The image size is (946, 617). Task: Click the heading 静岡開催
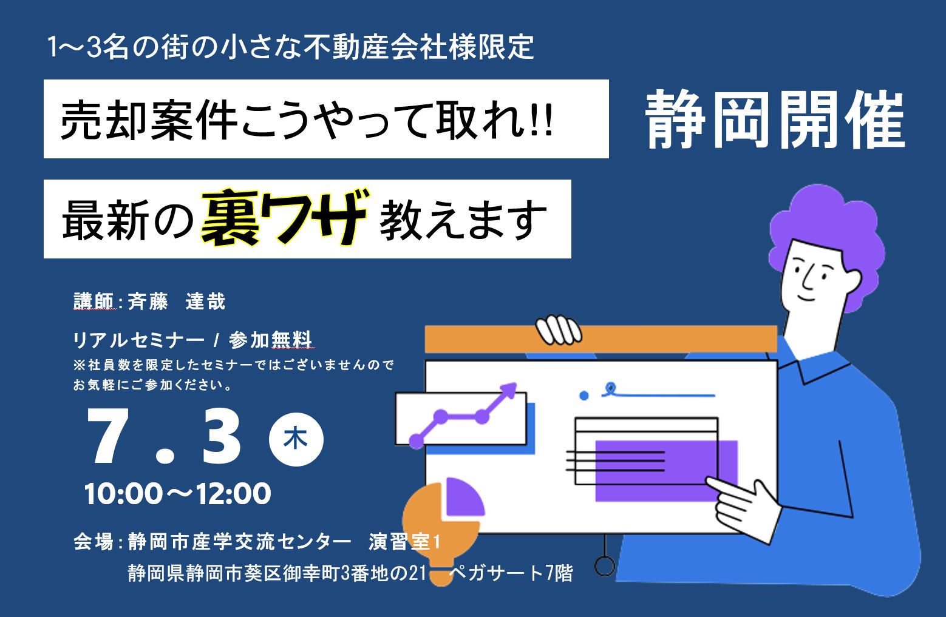point(775,120)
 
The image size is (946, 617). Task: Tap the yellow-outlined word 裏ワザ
point(285,217)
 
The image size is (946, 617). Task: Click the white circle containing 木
point(296,439)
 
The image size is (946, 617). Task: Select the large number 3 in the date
point(221,436)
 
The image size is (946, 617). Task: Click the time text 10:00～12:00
point(177,493)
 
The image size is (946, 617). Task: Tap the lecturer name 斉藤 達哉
point(177,302)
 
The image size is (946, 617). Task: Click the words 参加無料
point(271,340)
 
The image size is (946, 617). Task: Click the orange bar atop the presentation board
point(601,339)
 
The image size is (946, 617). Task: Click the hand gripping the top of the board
point(558,329)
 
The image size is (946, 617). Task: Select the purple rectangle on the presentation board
point(666,471)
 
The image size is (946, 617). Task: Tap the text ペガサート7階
point(511,573)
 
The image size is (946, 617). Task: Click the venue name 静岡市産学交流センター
point(239,541)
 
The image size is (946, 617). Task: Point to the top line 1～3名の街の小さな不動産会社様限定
point(291,47)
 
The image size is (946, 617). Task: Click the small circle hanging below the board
point(605,566)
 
